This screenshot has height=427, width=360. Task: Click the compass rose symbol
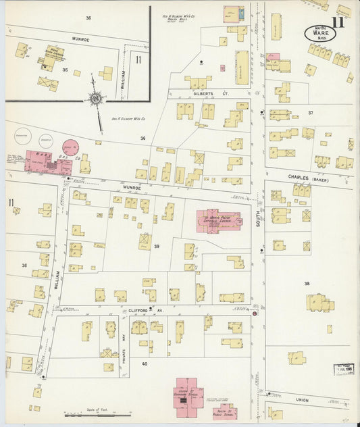click(95, 99)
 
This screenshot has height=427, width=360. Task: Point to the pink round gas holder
click(70, 147)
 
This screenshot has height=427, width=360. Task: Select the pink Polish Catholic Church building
click(217, 220)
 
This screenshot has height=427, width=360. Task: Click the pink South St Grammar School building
click(190, 392)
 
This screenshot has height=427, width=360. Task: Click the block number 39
click(157, 247)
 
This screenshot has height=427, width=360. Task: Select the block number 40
click(144, 363)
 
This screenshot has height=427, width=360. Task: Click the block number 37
click(310, 112)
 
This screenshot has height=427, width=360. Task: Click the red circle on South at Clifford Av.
click(255, 313)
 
